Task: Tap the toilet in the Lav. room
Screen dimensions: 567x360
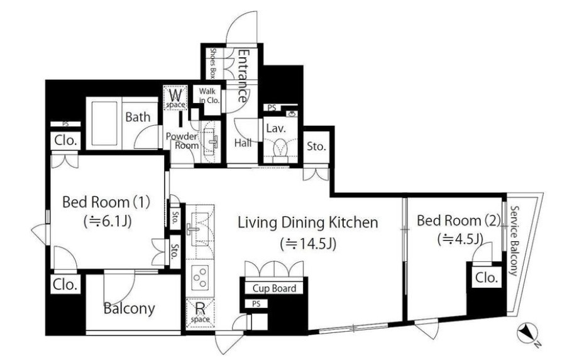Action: coord(280,150)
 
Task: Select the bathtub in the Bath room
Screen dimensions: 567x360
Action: coord(104,123)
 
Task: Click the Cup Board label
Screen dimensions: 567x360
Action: coord(274,288)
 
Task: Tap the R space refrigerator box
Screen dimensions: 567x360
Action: coord(200,313)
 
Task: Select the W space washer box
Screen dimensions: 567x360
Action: coord(175,97)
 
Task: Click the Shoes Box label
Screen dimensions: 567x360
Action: coord(212,63)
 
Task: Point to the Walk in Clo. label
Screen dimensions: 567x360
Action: coord(209,95)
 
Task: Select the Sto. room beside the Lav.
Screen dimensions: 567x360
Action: coord(316,147)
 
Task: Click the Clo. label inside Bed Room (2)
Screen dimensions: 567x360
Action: coord(487,278)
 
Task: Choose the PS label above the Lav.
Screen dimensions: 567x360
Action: coord(272,107)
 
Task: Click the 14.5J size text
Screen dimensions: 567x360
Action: coord(309,244)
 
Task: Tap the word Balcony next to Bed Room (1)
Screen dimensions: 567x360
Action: coord(129,308)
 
